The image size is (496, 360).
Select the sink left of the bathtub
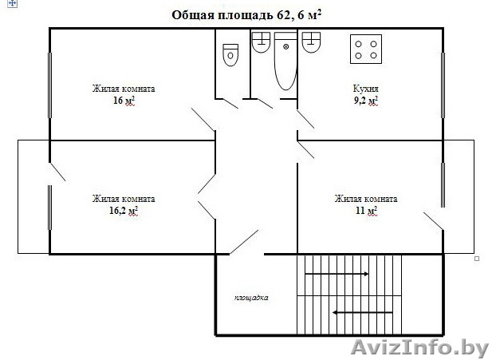click(261, 43)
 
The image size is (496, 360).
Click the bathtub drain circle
click(285, 48)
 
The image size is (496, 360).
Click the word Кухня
click(365, 89)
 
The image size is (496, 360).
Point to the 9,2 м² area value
click(365, 101)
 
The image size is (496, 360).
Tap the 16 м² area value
click(123, 101)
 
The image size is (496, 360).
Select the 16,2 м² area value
click(123, 211)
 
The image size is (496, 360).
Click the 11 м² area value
click(366, 211)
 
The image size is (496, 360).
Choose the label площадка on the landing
click(251, 298)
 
